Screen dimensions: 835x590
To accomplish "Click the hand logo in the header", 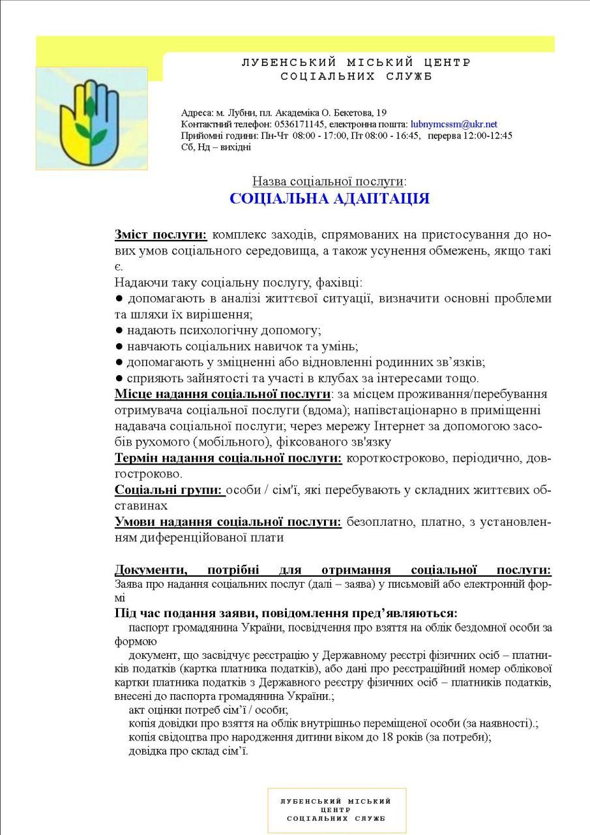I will point(91,118).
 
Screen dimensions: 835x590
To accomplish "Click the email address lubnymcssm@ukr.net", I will point(454,124).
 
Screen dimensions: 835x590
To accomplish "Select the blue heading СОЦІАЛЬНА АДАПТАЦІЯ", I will point(329,199).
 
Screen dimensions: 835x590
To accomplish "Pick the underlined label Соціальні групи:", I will point(170,489).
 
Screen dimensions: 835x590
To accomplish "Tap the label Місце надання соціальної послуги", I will point(222,395).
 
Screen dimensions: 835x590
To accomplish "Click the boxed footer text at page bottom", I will point(336,810).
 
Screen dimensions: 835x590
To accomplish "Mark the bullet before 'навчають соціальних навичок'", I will point(119,346).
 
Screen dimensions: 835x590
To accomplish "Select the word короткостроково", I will point(398,459).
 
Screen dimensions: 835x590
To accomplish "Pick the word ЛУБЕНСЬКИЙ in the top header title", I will point(289,63).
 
